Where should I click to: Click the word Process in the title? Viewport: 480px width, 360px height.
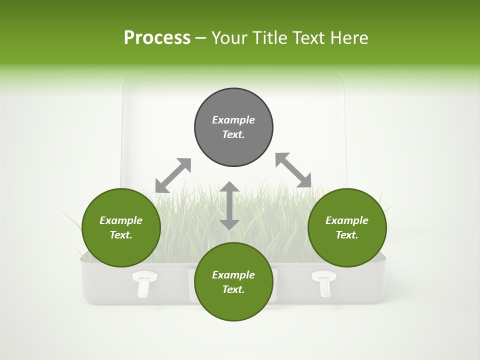pyautogui.click(x=157, y=38)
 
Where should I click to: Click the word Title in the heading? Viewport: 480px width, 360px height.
pyautogui.click(x=269, y=38)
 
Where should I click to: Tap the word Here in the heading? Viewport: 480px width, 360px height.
pyautogui.click(x=349, y=38)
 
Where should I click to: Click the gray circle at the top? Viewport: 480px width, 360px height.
pyautogui.click(x=233, y=127)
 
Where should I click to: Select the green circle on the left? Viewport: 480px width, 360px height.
pyautogui.click(x=121, y=227)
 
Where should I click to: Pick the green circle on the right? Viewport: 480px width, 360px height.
pyautogui.click(x=347, y=227)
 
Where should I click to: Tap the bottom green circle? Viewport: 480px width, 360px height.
pyautogui.click(x=233, y=281)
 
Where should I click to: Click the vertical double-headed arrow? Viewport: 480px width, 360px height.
pyautogui.click(x=229, y=205)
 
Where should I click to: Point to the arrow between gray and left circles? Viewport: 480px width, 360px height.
pyautogui.click(x=173, y=175)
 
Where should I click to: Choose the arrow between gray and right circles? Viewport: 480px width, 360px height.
pyautogui.click(x=293, y=170)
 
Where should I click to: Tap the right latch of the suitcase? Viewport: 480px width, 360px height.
pyautogui.click(x=323, y=283)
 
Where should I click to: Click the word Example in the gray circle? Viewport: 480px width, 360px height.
pyautogui.click(x=233, y=120)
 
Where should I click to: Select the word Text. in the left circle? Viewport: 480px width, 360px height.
pyautogui.click(x=121, y=235)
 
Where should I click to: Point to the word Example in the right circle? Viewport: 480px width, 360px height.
pyautogui.click(x=347, y=220)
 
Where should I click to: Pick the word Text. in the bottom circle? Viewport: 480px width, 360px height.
pyautogui.click(x=233, y=289)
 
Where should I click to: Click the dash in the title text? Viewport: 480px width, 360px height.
pyautogui.click(x=201, y=38)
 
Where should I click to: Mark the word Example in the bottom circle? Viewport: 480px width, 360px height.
pyautogui.click(x=233, y=275)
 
